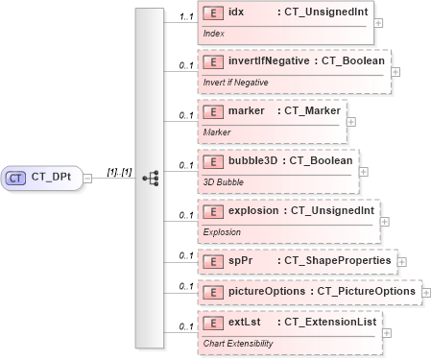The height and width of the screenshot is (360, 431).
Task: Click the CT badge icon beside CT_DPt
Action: click(16, 178)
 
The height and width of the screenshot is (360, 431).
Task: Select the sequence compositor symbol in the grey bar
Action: click(149, 178)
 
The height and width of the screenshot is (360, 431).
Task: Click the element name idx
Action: click(236, 12)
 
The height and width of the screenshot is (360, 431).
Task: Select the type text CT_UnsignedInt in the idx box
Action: click(322, 12)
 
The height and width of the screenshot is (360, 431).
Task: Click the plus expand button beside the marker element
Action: click(350, 121)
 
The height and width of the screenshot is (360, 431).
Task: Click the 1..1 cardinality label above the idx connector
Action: click(173, 16)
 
